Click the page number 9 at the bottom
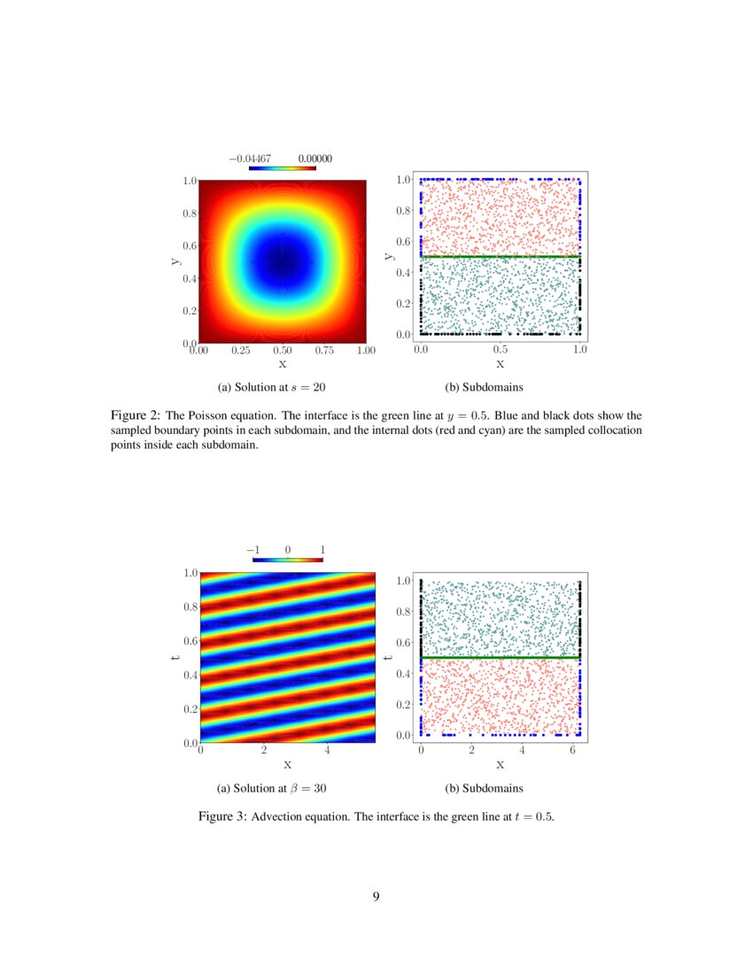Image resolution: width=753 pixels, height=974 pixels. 376,897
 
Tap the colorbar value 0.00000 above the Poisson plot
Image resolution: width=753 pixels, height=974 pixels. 314,158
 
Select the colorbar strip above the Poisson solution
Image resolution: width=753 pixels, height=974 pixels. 282,167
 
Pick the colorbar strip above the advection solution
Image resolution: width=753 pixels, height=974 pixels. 287,560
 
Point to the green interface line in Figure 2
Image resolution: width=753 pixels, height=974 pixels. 501,257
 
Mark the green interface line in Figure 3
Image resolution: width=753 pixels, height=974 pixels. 501,658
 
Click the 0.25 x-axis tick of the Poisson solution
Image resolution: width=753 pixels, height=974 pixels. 240,352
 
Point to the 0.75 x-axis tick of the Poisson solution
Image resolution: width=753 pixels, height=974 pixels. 324,352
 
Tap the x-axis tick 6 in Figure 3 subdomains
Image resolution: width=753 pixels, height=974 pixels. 572,751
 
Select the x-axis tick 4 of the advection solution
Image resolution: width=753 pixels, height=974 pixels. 328,752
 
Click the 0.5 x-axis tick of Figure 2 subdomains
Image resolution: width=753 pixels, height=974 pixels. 501,351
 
